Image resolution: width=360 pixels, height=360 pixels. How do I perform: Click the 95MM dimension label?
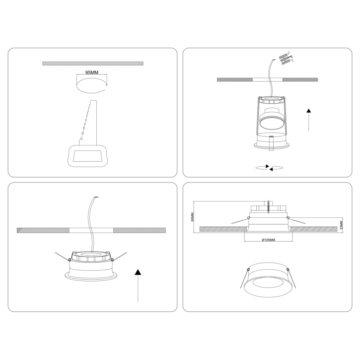92,73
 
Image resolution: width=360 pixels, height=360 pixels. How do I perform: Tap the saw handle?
87,156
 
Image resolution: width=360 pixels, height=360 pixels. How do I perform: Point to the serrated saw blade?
89,123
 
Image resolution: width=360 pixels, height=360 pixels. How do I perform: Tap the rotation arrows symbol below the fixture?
269,168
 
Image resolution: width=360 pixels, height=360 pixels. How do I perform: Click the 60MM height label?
193,217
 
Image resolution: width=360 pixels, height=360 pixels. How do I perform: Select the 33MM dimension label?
341,225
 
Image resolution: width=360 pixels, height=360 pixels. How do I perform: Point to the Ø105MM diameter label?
269,240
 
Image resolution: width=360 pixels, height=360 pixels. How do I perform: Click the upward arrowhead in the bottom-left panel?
138,272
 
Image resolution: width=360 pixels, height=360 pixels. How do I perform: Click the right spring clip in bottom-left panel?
119,257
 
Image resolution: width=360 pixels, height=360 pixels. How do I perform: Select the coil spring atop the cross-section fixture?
269,207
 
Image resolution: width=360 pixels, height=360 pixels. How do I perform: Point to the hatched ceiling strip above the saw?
93,63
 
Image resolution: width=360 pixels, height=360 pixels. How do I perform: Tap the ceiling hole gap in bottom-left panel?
91,230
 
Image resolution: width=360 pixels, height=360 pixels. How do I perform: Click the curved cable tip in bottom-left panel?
97,197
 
